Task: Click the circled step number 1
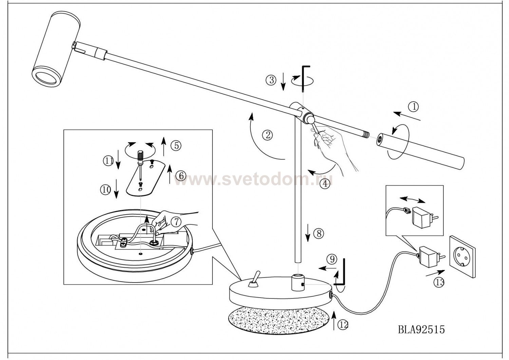[x=413, y=107]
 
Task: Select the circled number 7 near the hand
[x=176, y=221]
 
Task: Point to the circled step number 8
[x=319, y=233]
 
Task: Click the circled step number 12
[x=343, y=325]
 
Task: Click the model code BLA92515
[x=421, y=329]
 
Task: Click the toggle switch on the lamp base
[x=253, y=280]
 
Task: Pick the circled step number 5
[x=176, y=145]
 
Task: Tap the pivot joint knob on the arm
[x=309, y=119]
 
